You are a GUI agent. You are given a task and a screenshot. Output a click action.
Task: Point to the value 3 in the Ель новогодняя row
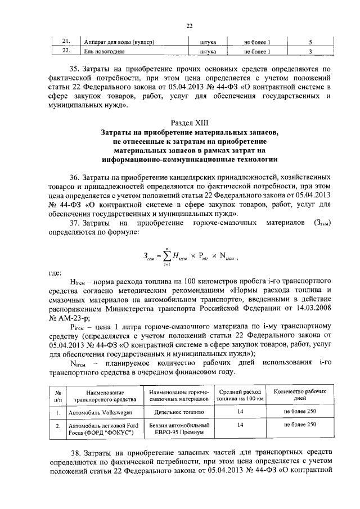(x=310, y=52)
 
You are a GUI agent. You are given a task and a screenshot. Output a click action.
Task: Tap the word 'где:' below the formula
(x=55, y=273)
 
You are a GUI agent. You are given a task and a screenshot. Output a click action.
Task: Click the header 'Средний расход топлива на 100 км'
(x=241, y=395)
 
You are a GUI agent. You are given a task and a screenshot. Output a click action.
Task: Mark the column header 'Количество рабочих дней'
(x=300, y=395)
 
